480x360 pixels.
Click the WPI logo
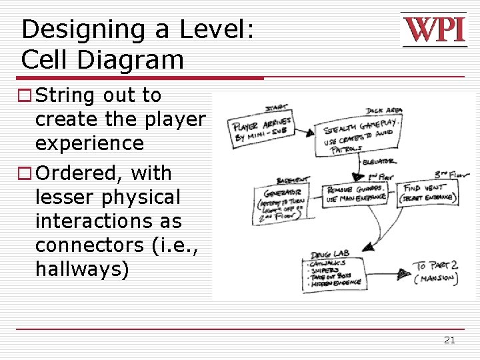tap(434, 31)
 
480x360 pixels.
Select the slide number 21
tap(449, 340)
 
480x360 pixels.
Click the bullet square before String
tap(26, 96)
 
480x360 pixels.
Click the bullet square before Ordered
tap(26, 173)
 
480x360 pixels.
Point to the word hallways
tap(82, 269)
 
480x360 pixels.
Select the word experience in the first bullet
tap(89, 143)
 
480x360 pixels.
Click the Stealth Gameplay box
tap(359, 137)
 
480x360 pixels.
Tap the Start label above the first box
tap(276, 109)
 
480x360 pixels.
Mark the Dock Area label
tap(383, 111)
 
